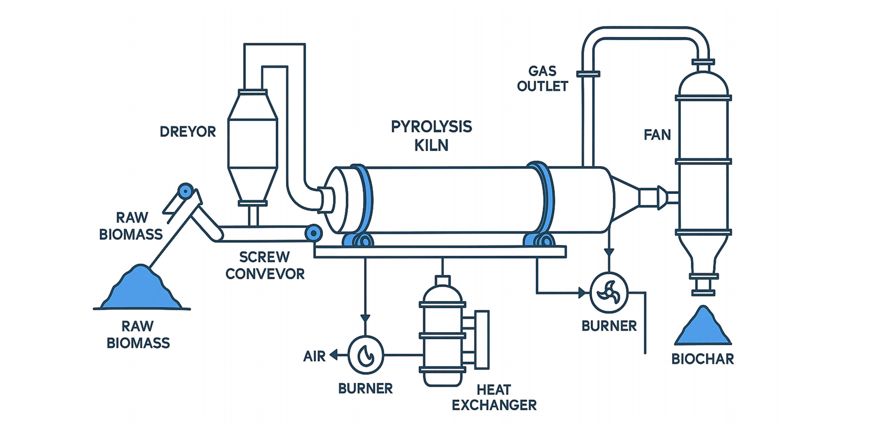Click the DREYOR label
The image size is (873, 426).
coord(188,132)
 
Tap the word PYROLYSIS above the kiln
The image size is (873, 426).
coord(431,127)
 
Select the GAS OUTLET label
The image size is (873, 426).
coord(542,79)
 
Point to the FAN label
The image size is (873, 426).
coord(657,135)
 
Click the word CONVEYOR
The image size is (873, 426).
coord(265,274)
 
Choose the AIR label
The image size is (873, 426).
coord(314,356)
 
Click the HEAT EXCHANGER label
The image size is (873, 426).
coord(494,397)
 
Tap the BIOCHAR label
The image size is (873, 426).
coord(702,359)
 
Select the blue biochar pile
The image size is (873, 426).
coord(703,328)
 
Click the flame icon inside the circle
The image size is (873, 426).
coord(366,356)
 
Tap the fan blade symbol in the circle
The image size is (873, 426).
coord(609,293)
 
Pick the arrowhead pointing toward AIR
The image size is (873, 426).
coord(334,355)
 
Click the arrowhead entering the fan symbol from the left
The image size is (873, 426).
coord(583,293)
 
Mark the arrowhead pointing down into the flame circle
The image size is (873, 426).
coord(365,319)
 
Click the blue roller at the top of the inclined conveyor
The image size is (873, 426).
coord(185,191)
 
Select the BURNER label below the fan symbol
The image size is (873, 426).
coord(609,326)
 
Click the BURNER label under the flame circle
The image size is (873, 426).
coord(365,389)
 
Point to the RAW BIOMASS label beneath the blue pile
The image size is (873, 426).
coord(138,335)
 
